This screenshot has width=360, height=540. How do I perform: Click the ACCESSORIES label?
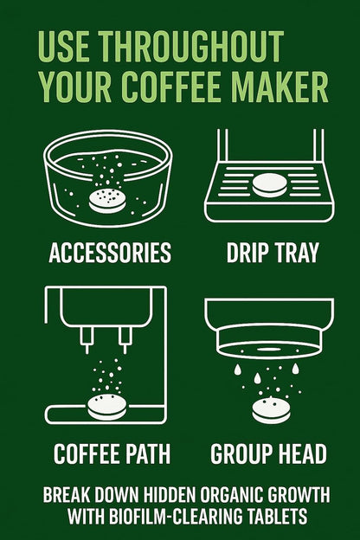click(x=110, y=253)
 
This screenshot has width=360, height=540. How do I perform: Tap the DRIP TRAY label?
click(x=273, y=253)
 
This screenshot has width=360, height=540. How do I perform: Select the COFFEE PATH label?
click(x=112, y=453)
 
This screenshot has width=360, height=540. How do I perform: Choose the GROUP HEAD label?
click(x=268, y=453)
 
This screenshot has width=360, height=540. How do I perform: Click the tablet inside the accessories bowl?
click(x=107, y=201)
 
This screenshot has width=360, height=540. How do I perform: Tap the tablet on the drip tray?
click(x=269, y=185)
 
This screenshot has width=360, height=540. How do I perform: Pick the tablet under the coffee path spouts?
click(x=107, y=407)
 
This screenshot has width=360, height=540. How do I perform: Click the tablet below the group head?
click(x=271, y=410)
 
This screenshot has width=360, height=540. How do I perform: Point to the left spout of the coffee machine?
click(x=87, y=339)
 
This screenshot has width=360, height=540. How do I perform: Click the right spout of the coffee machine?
click(x=125, y=339)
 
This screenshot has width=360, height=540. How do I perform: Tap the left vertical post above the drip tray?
click(x=222, y=145)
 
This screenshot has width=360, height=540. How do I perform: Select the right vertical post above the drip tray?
click(x=318, y=145)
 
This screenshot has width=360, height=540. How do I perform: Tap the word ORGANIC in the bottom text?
click(x=232, y=494)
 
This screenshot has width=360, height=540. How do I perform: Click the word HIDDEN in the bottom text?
click(x=169, y=494)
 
